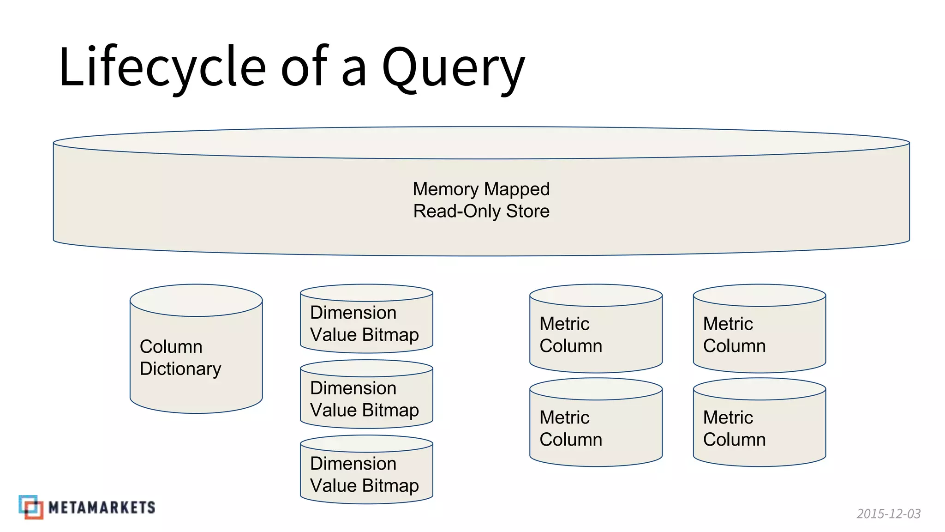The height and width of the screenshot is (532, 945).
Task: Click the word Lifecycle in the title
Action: coord(161,67)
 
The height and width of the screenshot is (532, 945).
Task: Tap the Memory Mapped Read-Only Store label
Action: coord(481,199)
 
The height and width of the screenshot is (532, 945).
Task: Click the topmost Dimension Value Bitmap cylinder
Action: coord(366,323)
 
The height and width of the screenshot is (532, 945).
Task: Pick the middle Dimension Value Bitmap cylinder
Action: coord(366,399)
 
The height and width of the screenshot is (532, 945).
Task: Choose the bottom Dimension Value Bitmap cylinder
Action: coord(366,474)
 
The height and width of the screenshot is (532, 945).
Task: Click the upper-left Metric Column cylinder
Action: coord(596,335)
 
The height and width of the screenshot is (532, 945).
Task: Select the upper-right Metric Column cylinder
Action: coord(759,335)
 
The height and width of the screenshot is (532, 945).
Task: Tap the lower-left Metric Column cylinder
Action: coord(596,429)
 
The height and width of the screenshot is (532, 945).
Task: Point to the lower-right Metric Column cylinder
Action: coord(759,429)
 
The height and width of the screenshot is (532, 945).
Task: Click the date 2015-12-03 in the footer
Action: coord(888,514)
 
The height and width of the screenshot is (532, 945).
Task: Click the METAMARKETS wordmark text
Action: coord(102,508)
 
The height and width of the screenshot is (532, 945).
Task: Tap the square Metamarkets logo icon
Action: coord(31,507)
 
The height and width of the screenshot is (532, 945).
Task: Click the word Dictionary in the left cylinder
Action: coord(180,369)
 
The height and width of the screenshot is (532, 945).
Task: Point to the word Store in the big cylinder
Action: coord(527,211)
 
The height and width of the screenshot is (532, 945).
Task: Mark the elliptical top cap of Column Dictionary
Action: coord(196,300)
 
